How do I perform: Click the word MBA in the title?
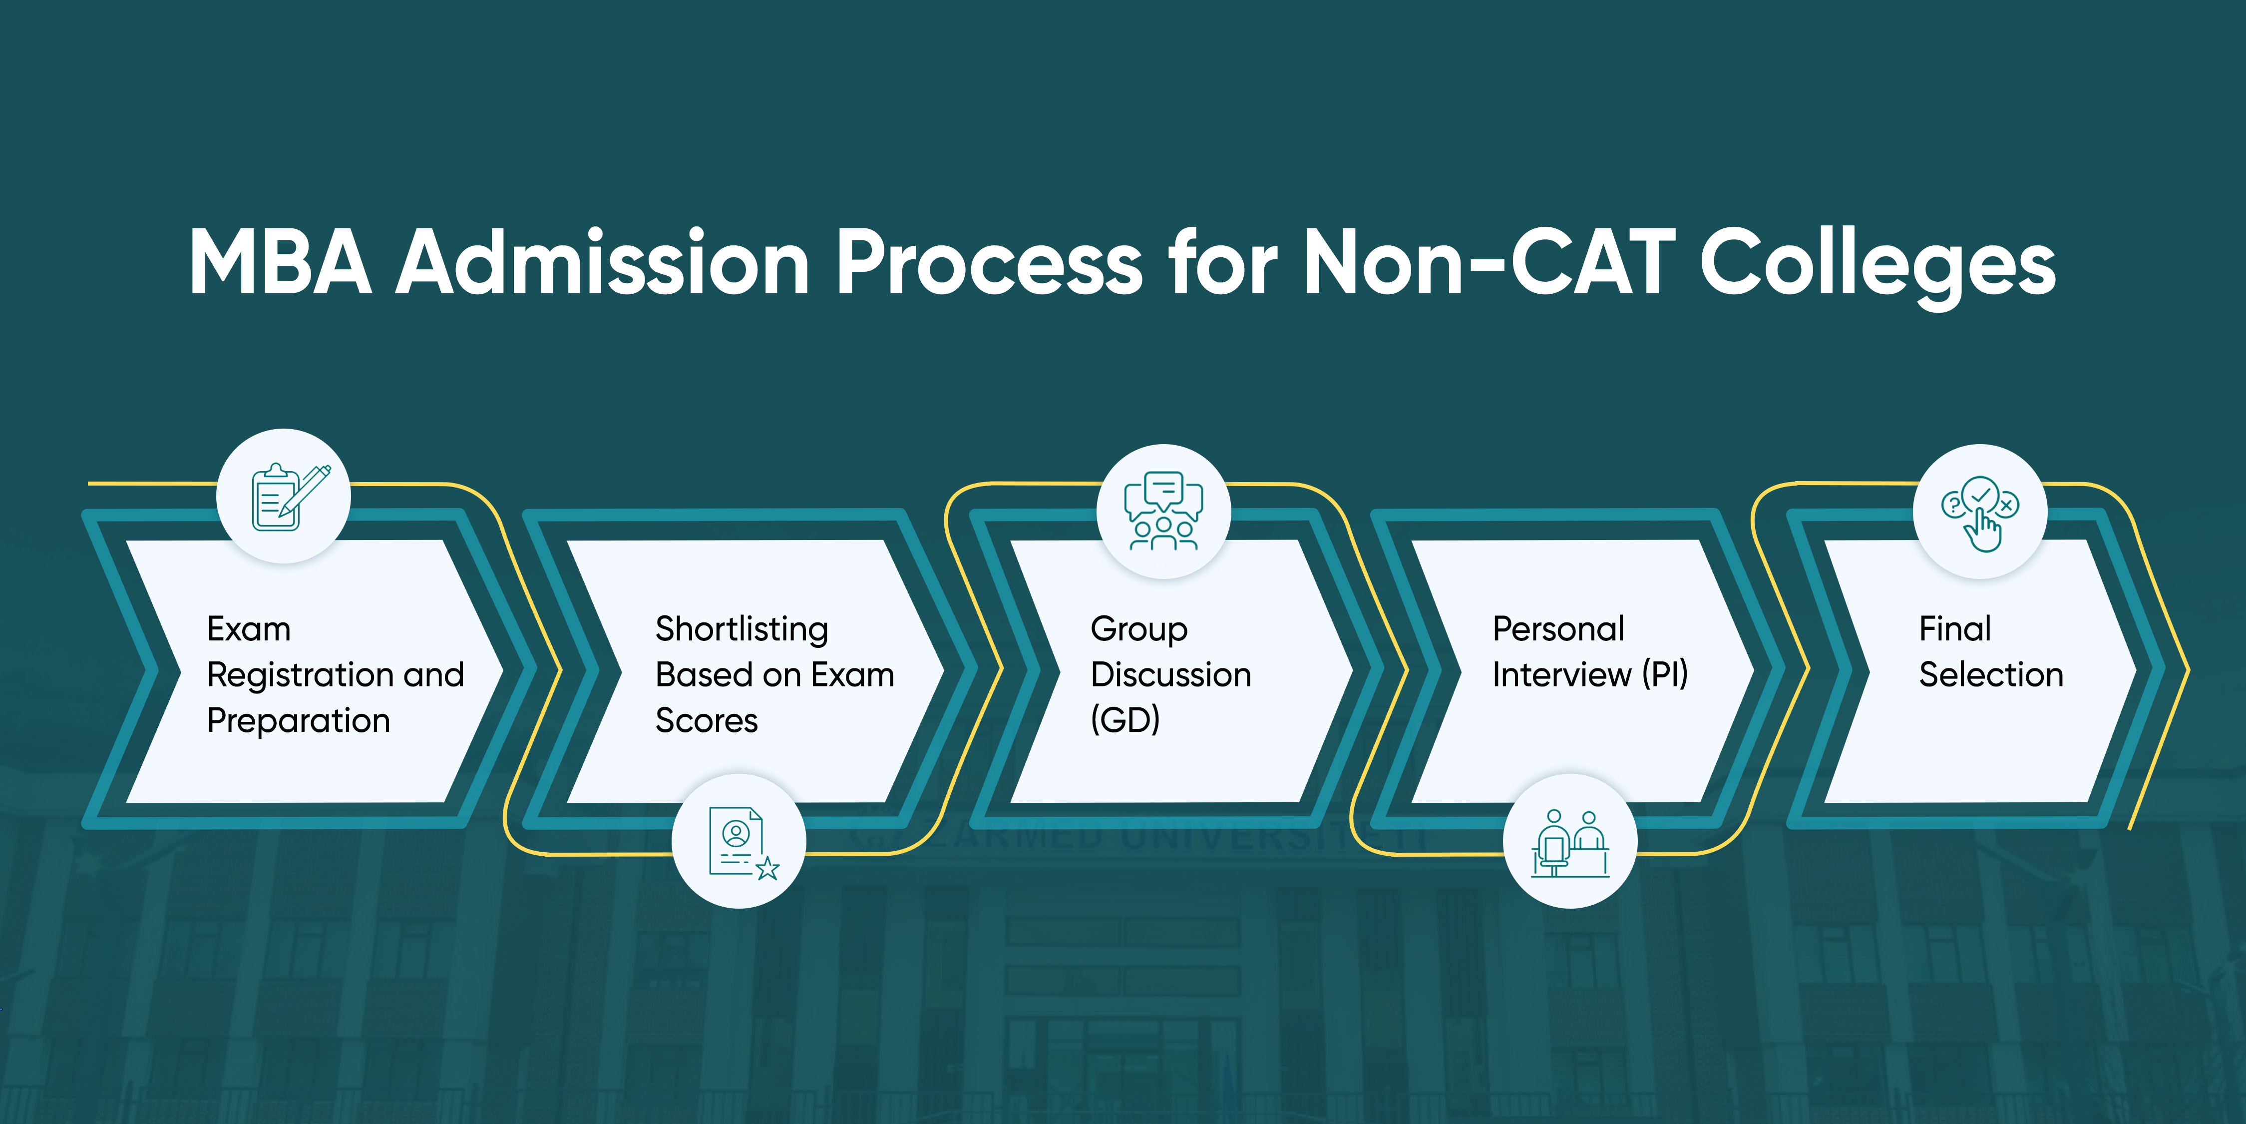pyautogui.click(x=281, y=262)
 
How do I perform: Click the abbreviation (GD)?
pyautogui.click(x=1124, y=720)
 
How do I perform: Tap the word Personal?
pyautogui.click(x=1558, y=629)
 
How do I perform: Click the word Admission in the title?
pyautogui.click(x=603, y=262)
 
